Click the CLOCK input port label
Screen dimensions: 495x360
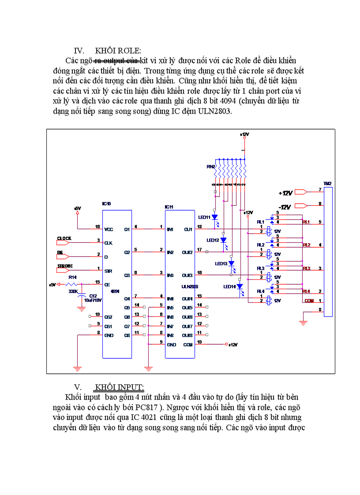coord(64,238)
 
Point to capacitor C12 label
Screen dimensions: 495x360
coord(93,296)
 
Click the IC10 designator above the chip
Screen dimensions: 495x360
coord(106,204)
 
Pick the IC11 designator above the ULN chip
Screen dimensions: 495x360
coord(169,207)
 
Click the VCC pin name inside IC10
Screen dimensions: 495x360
coord(109,229)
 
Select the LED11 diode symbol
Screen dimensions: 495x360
coord(214,217)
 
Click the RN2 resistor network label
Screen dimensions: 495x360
coord(210,167)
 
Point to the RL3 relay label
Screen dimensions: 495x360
coord(261,268)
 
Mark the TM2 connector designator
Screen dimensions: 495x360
coord(327,183)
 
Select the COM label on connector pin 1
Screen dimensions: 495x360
coord(309,301)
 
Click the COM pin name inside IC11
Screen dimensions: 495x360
coord(188,344)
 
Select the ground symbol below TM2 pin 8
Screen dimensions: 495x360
coord(303,323)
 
